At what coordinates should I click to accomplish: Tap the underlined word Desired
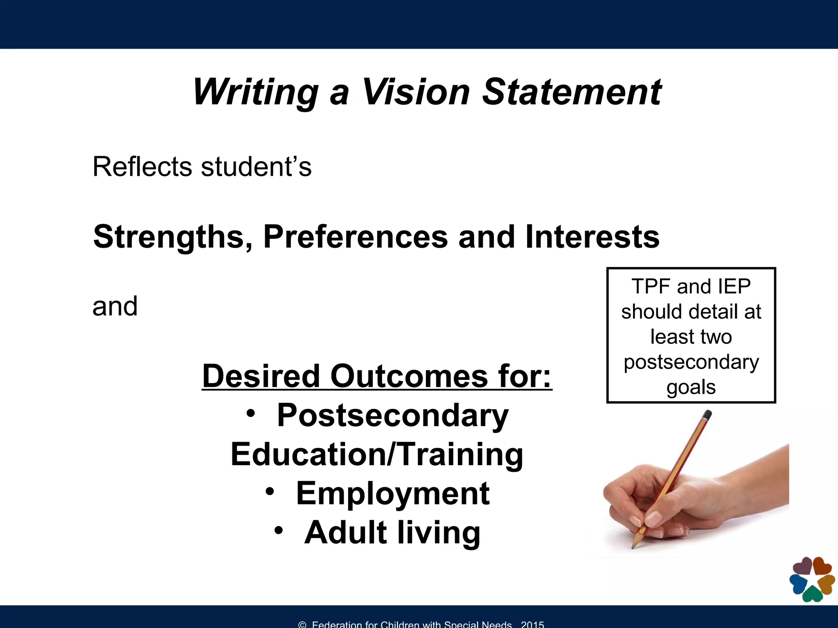[261, 376]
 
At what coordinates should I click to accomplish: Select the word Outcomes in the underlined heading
[409, 376]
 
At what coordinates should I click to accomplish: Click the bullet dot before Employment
[269, 491]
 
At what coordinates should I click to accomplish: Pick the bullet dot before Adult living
[279, 530]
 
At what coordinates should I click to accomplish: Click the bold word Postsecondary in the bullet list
[392, 415]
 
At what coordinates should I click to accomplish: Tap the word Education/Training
[377, 454]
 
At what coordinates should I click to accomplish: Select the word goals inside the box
[691, 387]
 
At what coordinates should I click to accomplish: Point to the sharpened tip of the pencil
[633, 546]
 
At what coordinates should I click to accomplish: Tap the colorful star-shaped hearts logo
[812, 579]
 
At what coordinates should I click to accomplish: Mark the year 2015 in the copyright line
[532, 624]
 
